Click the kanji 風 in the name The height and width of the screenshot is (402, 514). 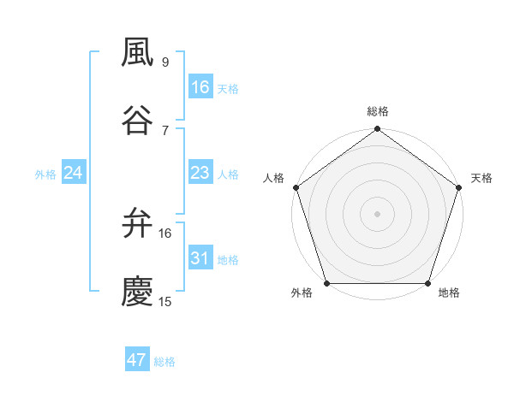click(138, 53)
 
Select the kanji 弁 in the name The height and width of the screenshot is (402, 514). click(138, 224)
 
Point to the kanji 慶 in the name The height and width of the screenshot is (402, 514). click(138, 292)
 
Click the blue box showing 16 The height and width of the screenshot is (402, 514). click(200, 86)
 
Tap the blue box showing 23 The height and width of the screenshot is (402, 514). click(200, 173)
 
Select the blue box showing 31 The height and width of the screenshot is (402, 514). click(200, 258)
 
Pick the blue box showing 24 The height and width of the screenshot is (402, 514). click(73, 173)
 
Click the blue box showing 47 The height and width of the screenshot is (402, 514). click(137, 360)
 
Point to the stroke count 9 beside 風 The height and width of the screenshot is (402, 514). click(165, 62)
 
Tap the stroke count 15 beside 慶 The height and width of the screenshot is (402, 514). click(166, 301)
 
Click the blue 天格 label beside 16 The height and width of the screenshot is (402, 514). click(228, 88)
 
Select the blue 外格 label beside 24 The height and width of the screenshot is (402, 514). click(45, 174)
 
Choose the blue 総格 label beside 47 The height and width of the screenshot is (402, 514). click(164, 362)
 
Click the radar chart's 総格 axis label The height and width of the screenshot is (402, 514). click(378, 111)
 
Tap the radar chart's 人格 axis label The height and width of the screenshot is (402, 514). click(274, 178)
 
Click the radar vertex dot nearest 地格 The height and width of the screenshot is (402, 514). click(428, 283)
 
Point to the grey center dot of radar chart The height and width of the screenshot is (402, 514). click(378, 213)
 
